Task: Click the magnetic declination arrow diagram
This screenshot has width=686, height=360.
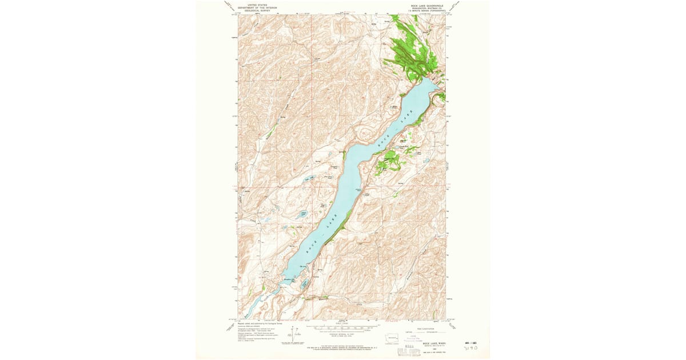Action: [293, 333]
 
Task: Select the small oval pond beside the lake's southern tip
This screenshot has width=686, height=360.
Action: [305, 283]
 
